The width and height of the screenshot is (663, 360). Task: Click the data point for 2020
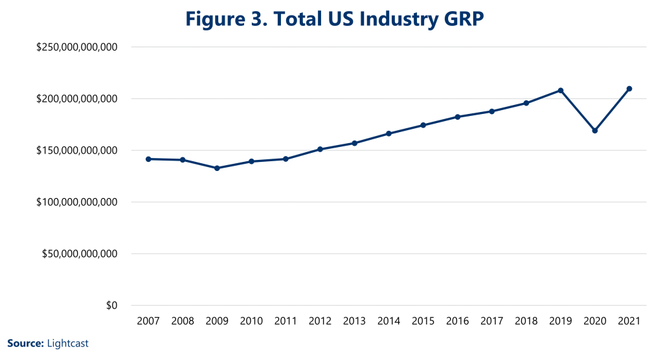pos(594,131)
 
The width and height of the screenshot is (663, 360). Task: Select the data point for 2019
pos(560,91)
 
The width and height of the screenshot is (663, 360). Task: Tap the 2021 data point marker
pos(629,89)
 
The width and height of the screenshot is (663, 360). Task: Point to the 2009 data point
pos(217,168)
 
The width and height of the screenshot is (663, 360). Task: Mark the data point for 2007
pos(148,159)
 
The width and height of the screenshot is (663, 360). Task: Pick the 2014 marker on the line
pos(388,134)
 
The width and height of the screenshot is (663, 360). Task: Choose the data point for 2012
pos(320,150)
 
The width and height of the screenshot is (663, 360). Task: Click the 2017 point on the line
pos(491,111)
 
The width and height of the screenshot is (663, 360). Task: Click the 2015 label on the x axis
pos(423,322)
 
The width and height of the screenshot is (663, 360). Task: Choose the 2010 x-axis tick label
pos(251,322)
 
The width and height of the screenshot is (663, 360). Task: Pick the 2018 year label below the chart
pos(526,322)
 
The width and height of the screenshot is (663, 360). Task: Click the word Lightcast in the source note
pos(68,344)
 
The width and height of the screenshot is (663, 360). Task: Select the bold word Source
pos(25,344)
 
